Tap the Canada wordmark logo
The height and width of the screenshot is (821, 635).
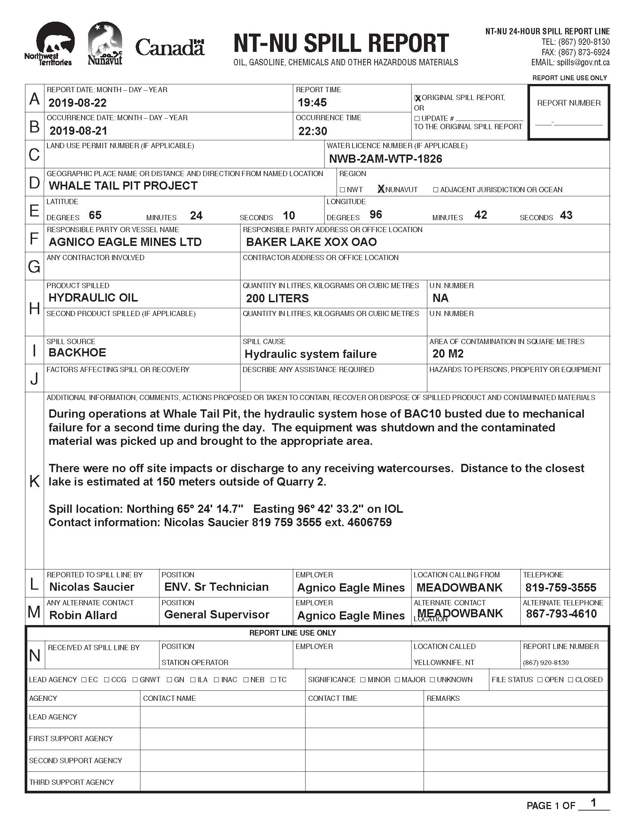click(170, 47)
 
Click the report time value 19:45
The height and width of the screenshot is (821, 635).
click(312, 102)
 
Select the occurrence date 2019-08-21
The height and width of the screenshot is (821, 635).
click(78, 131)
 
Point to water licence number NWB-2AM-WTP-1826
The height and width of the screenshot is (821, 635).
click(385, 159)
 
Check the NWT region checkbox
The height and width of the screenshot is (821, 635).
click(342, 190)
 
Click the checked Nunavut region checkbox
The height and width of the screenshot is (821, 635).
click(381, 190)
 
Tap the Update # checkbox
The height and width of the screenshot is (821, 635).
click(417, 118)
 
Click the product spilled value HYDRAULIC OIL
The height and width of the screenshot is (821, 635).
click(93, 298)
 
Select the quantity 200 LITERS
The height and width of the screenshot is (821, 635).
click(277, 299)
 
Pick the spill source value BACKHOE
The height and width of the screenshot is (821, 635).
click(77, 353)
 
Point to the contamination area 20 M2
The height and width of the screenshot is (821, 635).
click(448, 354)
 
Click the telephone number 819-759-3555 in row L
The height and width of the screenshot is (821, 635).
click(561, 587)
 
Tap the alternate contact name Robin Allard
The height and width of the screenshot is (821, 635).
click(83, 615)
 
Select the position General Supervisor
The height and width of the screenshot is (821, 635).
click(217, 615)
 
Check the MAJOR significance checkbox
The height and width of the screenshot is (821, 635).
click(398, 680)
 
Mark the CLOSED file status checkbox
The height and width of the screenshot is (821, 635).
click(571, 680)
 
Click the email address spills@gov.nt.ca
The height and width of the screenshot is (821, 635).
click(583, 63)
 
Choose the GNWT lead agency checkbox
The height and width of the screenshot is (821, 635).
click(135, 680)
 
